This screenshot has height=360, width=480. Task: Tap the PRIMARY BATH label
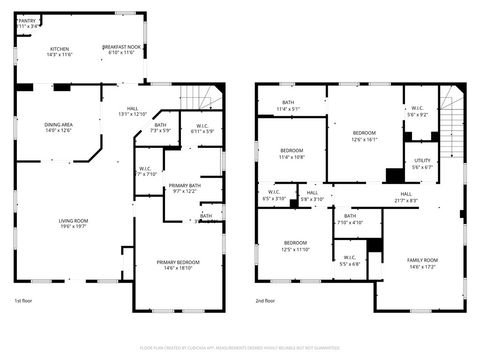pos(185,188)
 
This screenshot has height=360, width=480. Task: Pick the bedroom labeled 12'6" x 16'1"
pos(364,136)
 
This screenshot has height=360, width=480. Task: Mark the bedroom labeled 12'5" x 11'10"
pos(296,246)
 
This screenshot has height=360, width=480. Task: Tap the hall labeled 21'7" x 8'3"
pos(406,197)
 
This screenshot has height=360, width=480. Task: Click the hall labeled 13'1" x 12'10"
pos(133,111)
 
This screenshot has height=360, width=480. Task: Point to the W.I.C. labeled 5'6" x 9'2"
pos(418,112)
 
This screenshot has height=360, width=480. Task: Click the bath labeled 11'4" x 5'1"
pos(288,105)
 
